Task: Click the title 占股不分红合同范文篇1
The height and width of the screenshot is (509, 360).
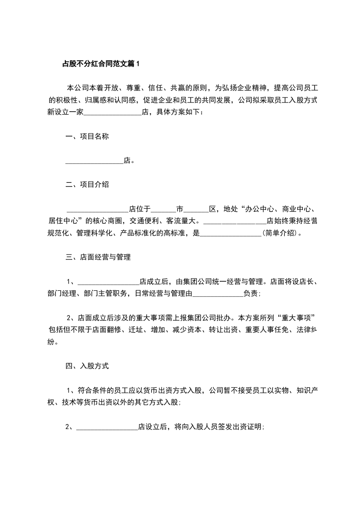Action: pyautogui.click(x=101, y=64)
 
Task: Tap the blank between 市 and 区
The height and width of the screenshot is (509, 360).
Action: pyautogui.click(x=196, y=210)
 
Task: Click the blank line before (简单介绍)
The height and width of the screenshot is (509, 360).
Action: pyautogui.click(x=231, y=234)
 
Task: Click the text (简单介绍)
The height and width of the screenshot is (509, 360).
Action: pyautogui.click(x=281, y=233)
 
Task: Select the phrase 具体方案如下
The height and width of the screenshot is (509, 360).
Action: pyautogui.click(x=179, y=112)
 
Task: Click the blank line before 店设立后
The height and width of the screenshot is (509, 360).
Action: pyautogui.click(x=107, y=427)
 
